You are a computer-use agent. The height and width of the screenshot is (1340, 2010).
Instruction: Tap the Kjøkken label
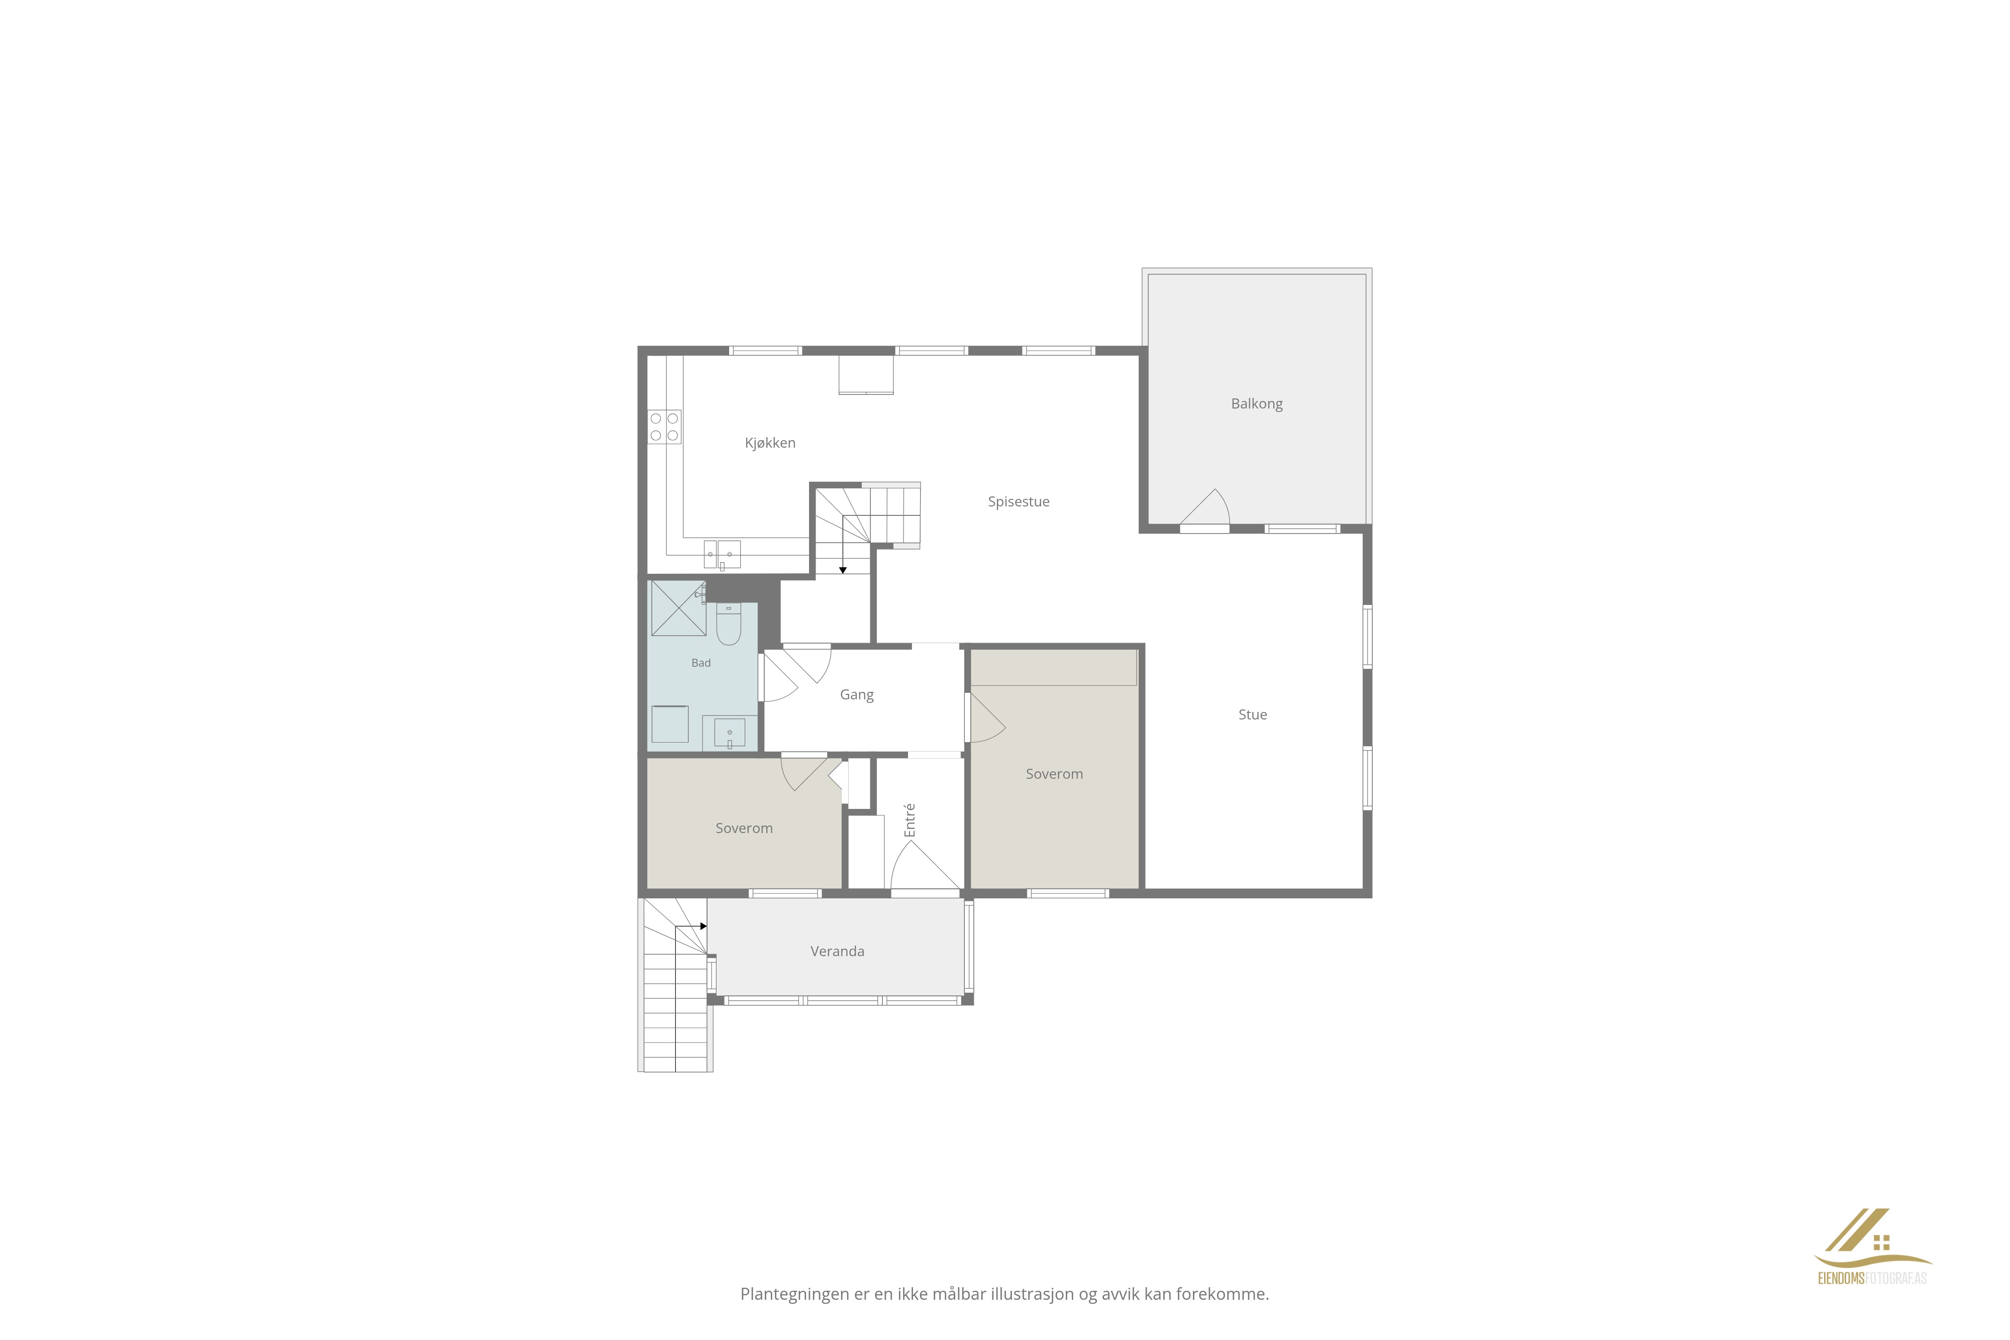[770, 443]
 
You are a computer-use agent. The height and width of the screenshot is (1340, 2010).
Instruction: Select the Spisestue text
[1019, 501]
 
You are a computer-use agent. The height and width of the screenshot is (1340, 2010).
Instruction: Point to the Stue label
[1253, 714]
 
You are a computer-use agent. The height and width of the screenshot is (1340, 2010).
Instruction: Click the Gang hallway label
[856, 695]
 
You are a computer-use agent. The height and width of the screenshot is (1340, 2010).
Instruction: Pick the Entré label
[910, 819]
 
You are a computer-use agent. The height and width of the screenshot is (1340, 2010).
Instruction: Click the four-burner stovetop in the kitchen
[664, 427]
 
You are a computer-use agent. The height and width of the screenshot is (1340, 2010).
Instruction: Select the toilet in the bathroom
[728, 625]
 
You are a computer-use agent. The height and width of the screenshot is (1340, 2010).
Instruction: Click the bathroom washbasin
[730, 733]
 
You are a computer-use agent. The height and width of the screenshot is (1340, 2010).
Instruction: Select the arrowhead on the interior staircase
[843, 570]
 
